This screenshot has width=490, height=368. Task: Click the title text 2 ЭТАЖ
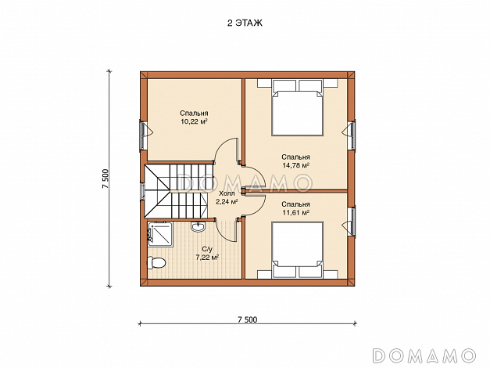coord(245,23)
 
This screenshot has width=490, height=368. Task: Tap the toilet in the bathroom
coord(156,263)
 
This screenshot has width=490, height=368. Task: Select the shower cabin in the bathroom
coord(160,234)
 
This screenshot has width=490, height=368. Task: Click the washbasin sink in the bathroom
coord(198,226)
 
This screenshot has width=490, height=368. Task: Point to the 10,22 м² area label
coord(195,122)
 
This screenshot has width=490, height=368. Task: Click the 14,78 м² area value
coord(296,165)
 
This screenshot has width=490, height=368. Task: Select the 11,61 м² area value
coord(296,213)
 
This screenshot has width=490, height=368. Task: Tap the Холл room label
coord(227,193)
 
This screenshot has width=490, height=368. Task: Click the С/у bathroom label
coord(207,249)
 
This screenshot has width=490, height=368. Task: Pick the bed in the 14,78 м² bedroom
coord(297,107)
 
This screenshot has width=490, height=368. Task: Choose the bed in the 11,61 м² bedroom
coord(297,250)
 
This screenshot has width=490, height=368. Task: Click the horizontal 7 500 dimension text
coord(248,319)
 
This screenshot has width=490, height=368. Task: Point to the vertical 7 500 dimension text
coord(105,179)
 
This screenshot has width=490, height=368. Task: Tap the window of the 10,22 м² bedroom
coord(144,135)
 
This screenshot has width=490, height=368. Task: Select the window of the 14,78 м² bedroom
coord(351,135)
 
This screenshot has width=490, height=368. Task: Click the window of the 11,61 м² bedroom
coord(351,221)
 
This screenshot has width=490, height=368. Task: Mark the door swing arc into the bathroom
coord(223,234)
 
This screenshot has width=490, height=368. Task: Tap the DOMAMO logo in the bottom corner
coord(424,355)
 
